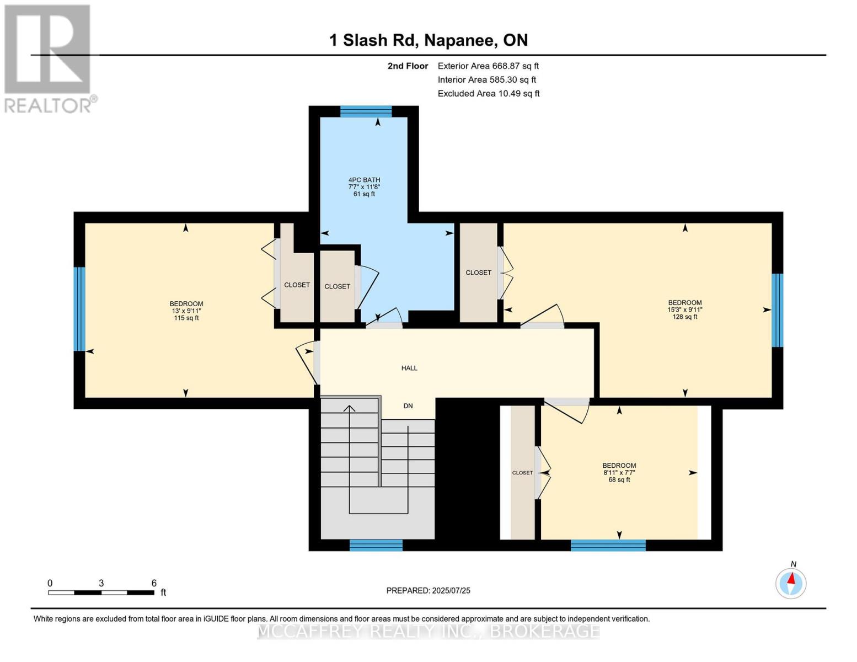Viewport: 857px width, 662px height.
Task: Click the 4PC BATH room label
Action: pyautogui.click(x=364, y=180)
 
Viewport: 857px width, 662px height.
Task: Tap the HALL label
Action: pyautogui.click(x=409, y=368)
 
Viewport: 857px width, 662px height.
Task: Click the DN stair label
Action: pyautogui.click(x=408, y=406)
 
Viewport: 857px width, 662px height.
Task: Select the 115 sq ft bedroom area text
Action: pyautogui.click(x=186, y=318)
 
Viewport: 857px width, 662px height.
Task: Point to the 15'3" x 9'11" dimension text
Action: pyautogui.click(x=685, y=309)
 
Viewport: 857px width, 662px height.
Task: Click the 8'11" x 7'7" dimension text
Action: pyautogui.click(x=619, y=473)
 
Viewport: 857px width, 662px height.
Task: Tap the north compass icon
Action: pyautogui.click(x=791, y=583)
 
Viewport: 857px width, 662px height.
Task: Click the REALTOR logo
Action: pyautogui.click(x=49, y=58)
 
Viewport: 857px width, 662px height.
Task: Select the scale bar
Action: pyautogui.click(x=101, y=592)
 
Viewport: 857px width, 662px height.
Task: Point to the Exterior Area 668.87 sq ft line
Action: pyautogui.click(x=488, y=66)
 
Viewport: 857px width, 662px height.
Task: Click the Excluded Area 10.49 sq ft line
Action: pyautogui.click(x=489, y=93)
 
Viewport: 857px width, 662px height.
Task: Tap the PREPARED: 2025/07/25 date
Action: pyautogui.click(x=429, y=590)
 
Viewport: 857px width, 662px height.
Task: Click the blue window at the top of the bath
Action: pyautogui.click(x=366, y=111)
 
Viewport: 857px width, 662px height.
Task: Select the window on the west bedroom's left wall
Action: pyautogui.click(x=79, y=309)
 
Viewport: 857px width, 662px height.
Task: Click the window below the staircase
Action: pyautogui.click(x=376, y=545)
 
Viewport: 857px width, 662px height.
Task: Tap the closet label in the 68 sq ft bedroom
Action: pyautogui.click(x=522, y=473)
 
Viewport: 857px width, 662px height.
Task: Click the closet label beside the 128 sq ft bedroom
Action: pyautogui.click(x=478, y=273)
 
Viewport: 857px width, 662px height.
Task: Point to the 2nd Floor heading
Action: pyautogui.click(x=408, y=66)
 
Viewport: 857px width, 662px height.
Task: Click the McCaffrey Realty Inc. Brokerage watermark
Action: pyautogui.click(x=429, y=631)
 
